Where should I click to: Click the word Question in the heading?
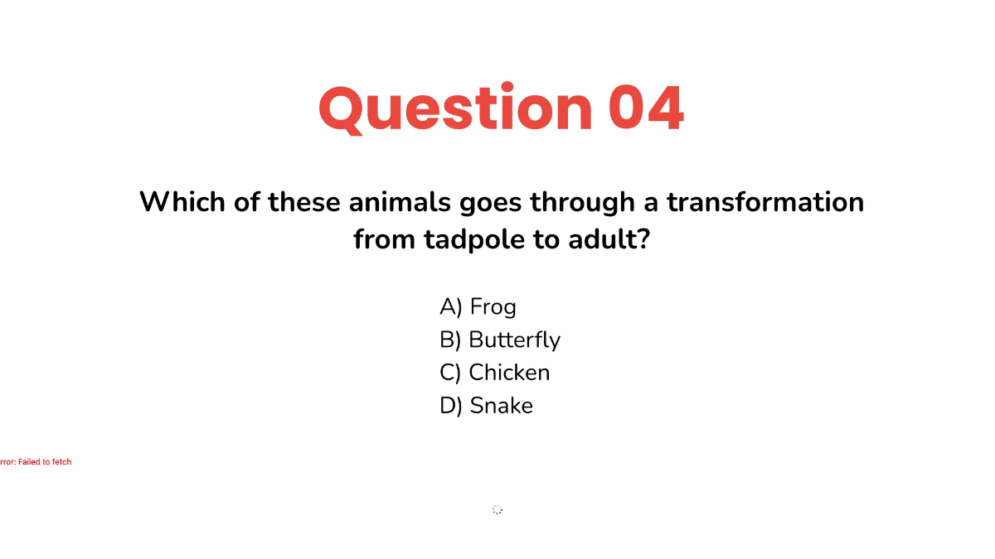pos(454,108)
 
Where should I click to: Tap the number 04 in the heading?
pos(646,108)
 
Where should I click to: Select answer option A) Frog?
pos(478,307)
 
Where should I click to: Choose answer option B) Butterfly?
pos(500,340)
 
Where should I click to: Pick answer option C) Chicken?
pos(494,373)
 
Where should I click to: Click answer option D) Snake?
pos(486,406)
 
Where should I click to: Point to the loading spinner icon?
pos(498,509)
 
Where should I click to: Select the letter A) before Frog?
pos(450,307)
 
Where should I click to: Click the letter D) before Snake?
pos(450,406)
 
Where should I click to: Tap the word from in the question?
pos(385,240)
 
